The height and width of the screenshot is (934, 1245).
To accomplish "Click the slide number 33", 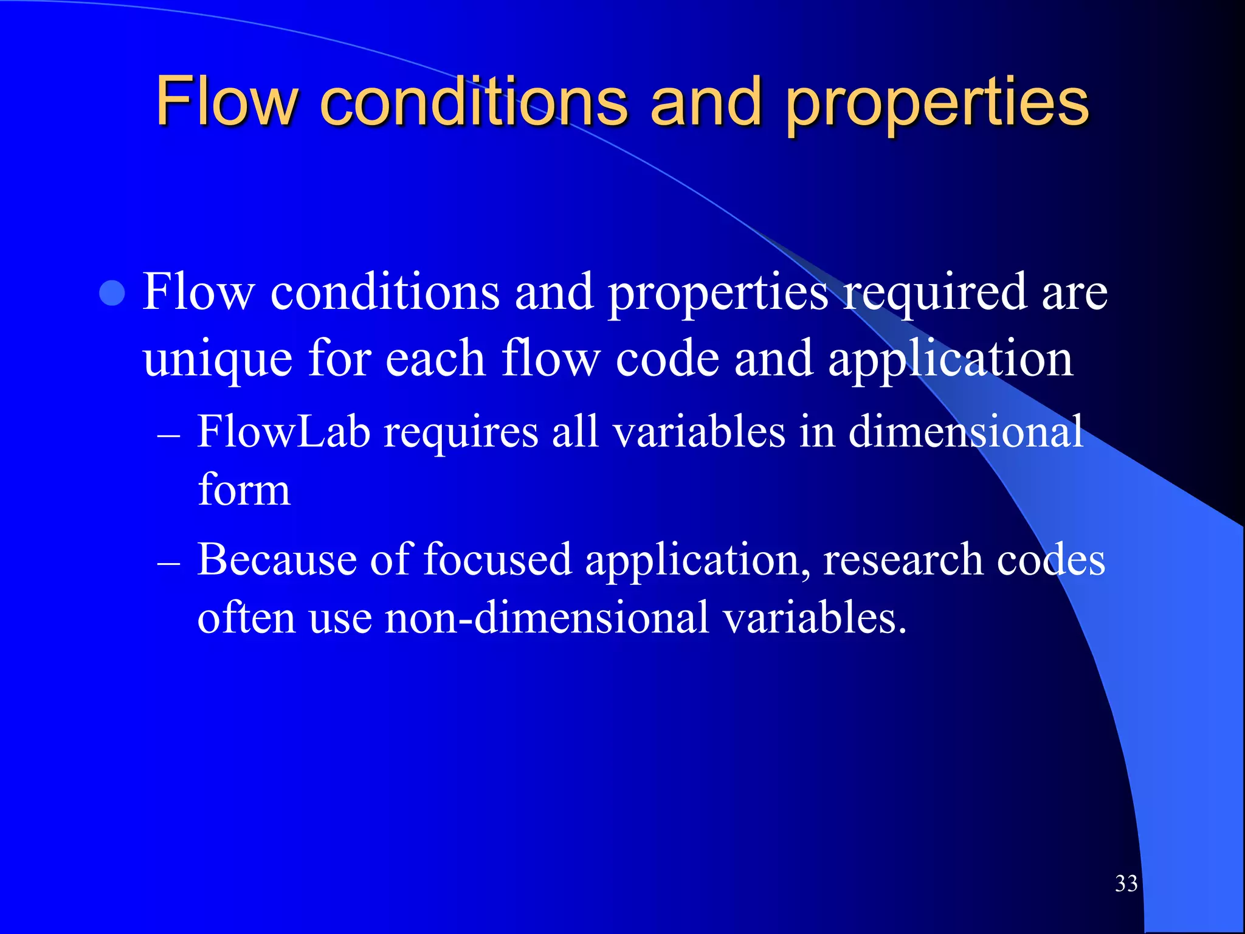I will click(x=1126, y=884).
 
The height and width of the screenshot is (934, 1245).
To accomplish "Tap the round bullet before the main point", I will click(x=112, y=294).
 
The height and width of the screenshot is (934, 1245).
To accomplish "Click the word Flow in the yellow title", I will click(x=227, y=102).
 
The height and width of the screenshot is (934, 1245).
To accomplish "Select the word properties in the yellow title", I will click(x=937, y=103).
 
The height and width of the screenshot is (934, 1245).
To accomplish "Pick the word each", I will click(x=435, y=359).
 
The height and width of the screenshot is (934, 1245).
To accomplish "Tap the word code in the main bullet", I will click(x=667, y=359).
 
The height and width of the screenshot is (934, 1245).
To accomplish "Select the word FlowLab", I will click(x=284, y=432).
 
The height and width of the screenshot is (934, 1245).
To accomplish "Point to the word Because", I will click(x=277, y=559).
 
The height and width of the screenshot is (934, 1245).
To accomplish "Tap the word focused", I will click(x=497, y=559).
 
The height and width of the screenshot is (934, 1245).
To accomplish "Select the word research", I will click(x=902, y=559).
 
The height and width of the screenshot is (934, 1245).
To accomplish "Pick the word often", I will click(x=246, y=617).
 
